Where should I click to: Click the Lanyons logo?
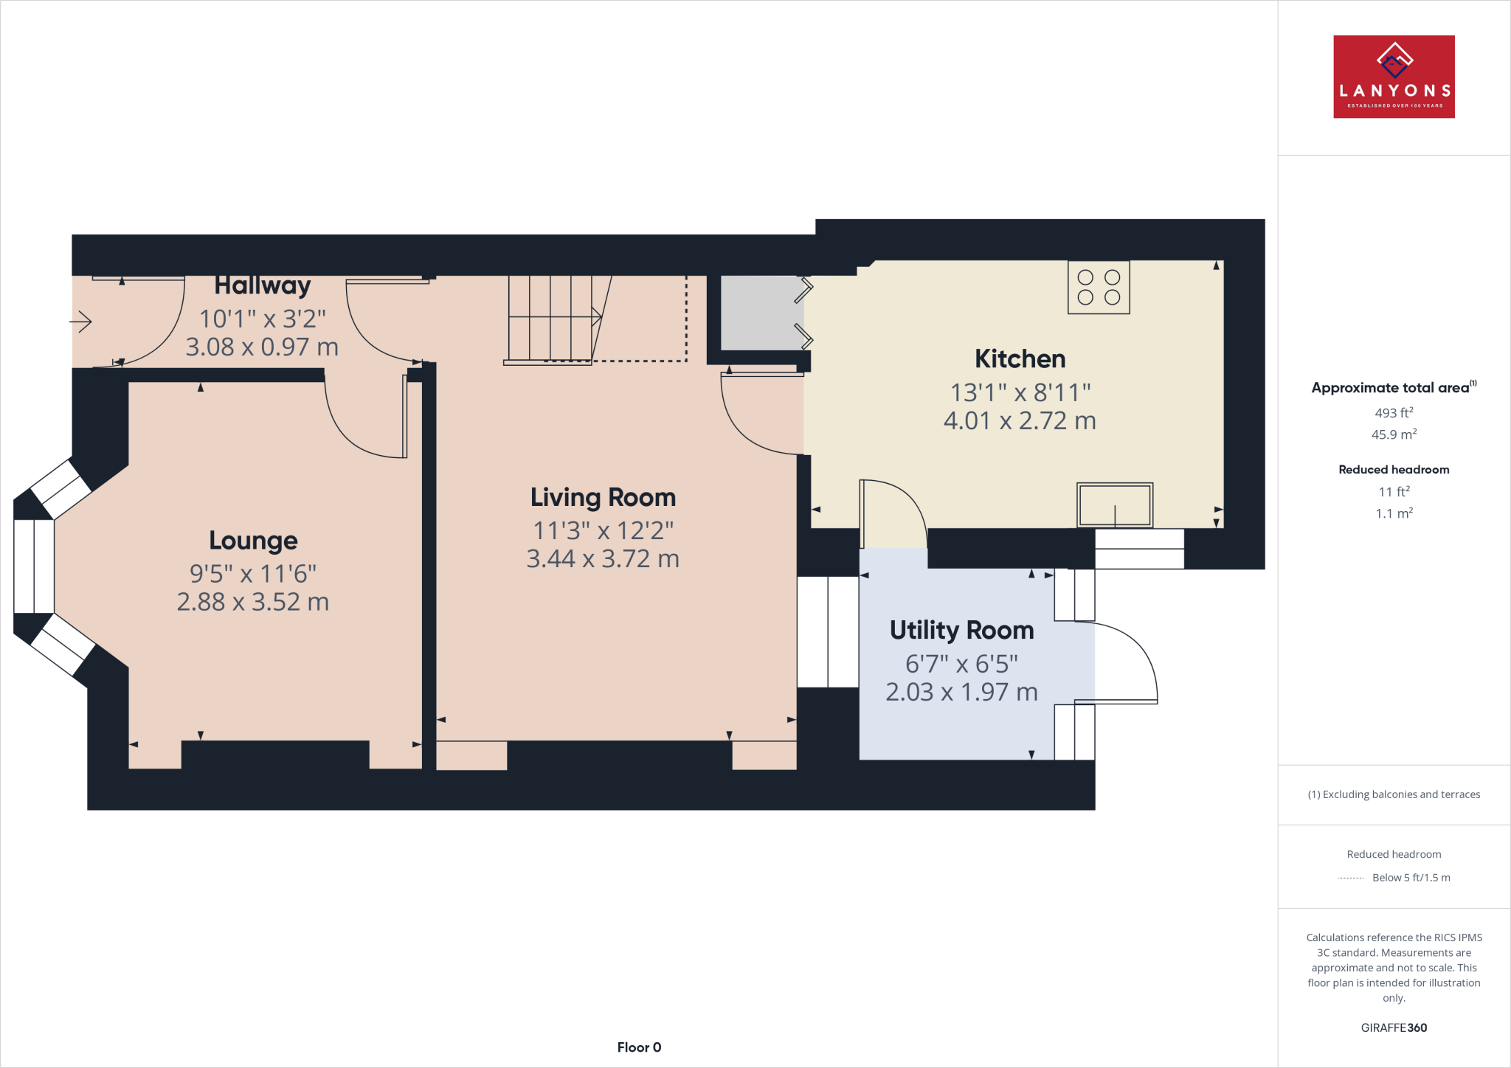pyautogui.click(x=1393, y=77)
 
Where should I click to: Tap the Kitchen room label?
pyautogui.click(x=1020, y=359)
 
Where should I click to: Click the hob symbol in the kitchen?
pyautogui.click(x=1098, y=288)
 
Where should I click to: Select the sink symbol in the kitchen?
pyautogui.click(x=1114, y=505)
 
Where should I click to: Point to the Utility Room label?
pyautogui.click(x=961, y=631)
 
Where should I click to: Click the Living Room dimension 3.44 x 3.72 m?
pyautogui.click(x=602, y=559)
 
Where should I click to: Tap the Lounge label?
pyautogui.click(x=253, y=541)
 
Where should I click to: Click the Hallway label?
pyautogui.click(x=262, y=285)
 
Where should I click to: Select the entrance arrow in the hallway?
pyautogui.click(x=80, y=322)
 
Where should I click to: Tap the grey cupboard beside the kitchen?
pyautogui.click(x=760, y=313)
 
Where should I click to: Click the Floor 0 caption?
pyautogui.click(x=639, y=1047)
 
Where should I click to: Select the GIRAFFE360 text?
pyautogui.click(x=1393, y=1027)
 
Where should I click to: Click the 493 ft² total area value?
pyautogui.click(x=1393, y=413)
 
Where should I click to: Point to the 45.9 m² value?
pyautogui.click(x=1393, y=434)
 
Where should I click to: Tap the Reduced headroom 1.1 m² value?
pyautogui.click(x=1393, y=513)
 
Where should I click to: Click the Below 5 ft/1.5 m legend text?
pyautogui.click(x=1410, y=878)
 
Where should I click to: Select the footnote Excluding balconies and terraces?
pyautogui.click(x=1393, y=794)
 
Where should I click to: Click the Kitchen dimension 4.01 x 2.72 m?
pyautogui.click(x=1020, y=421)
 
